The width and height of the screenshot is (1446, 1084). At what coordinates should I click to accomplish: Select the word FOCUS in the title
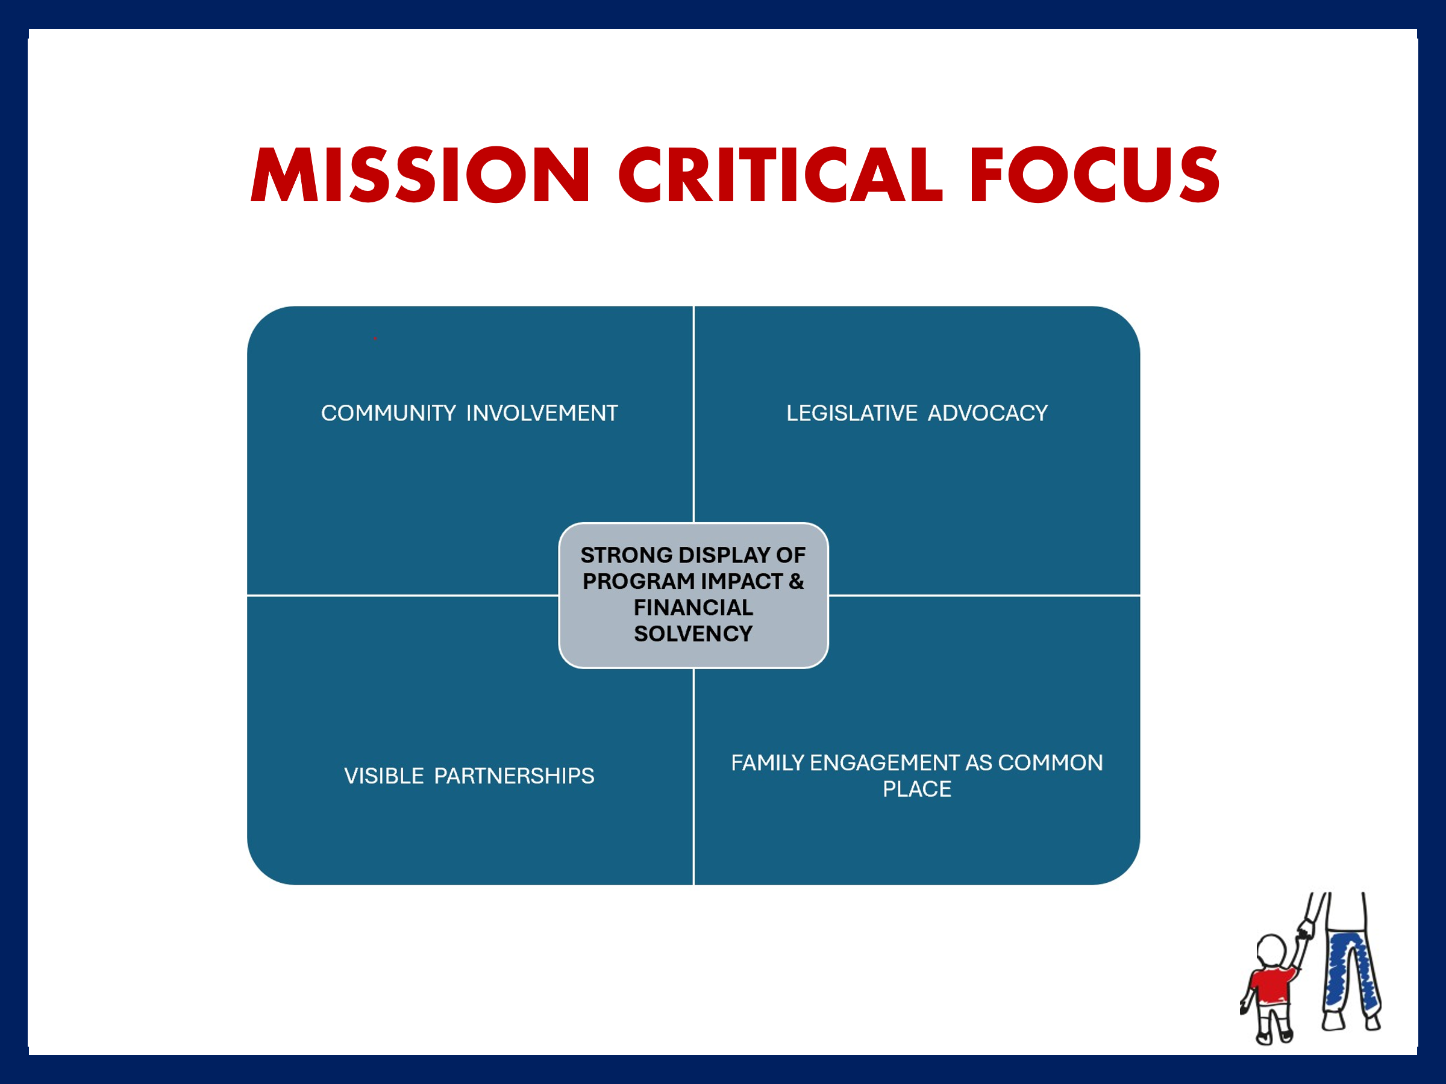pos(1095,175)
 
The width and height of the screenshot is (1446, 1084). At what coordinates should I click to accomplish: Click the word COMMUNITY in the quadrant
pos(388,413)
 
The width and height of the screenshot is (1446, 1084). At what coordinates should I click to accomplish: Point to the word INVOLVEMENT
pos(542,413)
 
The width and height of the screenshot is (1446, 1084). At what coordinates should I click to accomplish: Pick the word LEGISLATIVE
pos(852,413)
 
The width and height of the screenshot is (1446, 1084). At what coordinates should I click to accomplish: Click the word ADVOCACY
pos(987,413)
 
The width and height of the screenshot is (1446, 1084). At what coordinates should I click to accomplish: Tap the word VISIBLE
pos(384,776)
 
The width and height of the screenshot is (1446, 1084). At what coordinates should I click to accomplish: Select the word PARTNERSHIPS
pos(515,776)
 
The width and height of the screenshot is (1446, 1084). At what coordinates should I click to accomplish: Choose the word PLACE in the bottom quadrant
pos(917,789)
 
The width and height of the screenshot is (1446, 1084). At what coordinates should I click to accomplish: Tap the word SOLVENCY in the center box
pos(693,633)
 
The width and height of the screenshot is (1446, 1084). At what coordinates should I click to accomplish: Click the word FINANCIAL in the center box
pos(693,607)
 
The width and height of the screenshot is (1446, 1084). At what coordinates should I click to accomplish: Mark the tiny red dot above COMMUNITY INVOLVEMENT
pos(375,338)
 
